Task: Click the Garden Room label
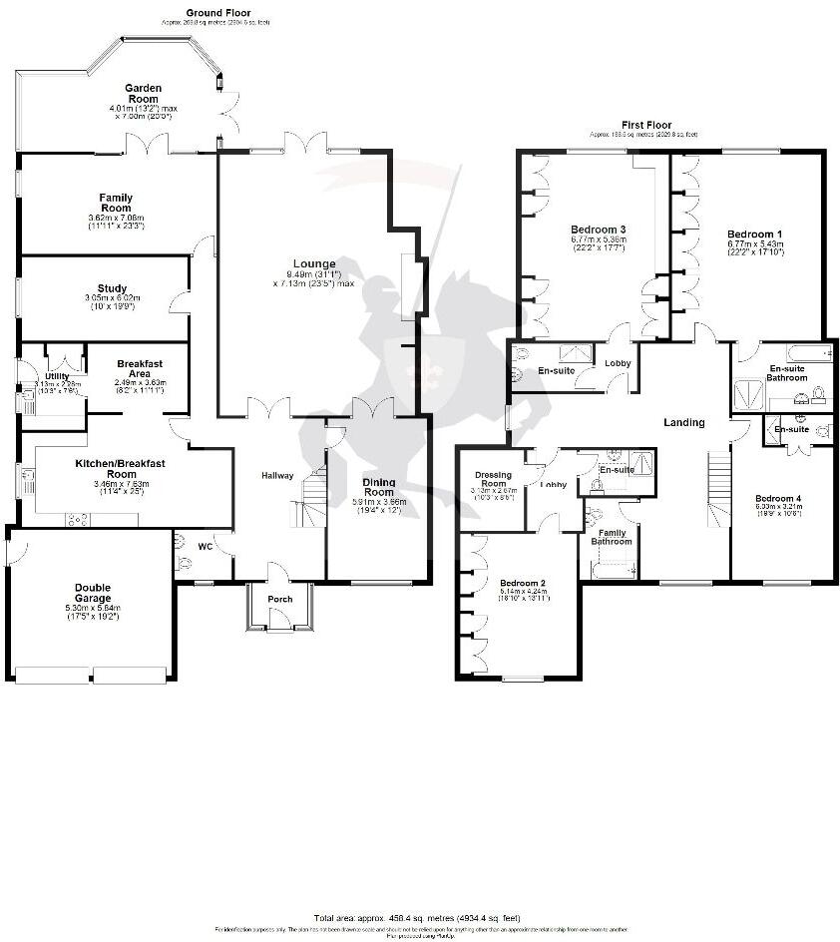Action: coord(143,94)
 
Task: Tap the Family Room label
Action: coord(116,204)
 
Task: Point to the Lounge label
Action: coord(314,264)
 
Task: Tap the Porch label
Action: coord(280,600)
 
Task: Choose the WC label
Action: coord(206,547)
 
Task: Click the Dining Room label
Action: coord(378,487)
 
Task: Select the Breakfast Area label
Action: coord(140,368)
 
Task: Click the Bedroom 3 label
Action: coord(599,229)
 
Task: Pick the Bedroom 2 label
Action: coord(523,582)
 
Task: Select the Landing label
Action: coord(684,422)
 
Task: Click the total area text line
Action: coord(417,917)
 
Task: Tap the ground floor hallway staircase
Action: coord(312,499)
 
